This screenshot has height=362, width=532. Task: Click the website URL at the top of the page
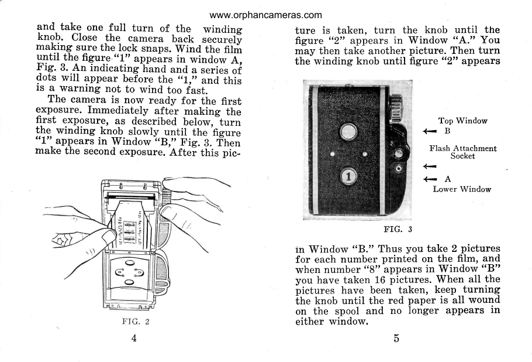tap(265, 14)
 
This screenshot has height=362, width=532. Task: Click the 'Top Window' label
tap(462, 121)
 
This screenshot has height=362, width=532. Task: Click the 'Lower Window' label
tap(462, 189)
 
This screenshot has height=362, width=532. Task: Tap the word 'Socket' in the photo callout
tap(462, 156)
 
